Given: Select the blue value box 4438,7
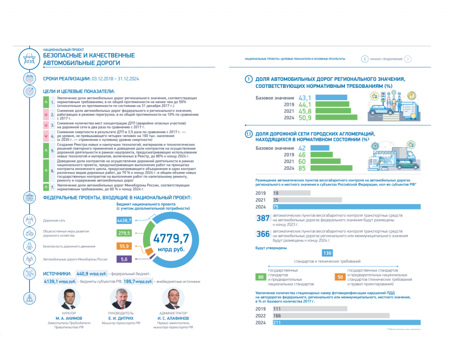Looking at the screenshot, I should (124, 220).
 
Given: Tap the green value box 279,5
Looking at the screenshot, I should (124, 233).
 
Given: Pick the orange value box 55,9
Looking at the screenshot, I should (124, 246).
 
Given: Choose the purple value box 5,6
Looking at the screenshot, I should (124, 259).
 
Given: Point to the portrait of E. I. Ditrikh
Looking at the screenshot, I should (121, 299).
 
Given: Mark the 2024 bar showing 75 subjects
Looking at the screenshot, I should (347, 207).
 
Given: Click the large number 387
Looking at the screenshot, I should (263, 218).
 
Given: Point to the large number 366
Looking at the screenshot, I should (263, 234).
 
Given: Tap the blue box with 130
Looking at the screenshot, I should (327, 253).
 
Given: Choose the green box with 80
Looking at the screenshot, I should (261, 277).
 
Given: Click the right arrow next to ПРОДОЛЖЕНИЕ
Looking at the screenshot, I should (408, 59).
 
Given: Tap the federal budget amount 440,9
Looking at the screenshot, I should (88, 273).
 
